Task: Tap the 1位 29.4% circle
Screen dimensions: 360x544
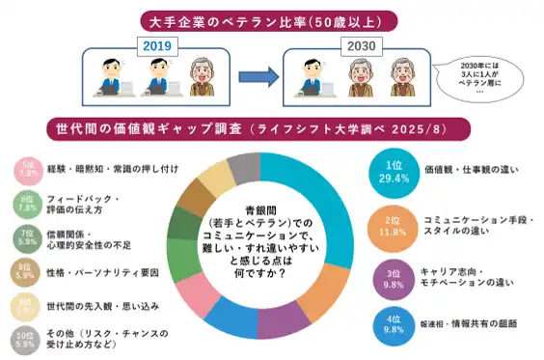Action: pyautogui.click(x=393, y=171)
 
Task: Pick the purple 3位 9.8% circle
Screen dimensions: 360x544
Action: pyautogui.click(x=393, y=276)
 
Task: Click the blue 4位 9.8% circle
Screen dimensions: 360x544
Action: pyautogui.click(x=393, y=323)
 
